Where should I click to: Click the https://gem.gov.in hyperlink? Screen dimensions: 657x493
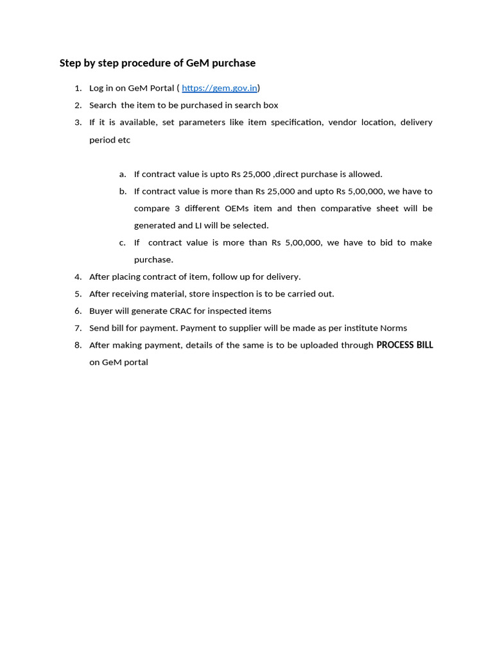point(219,88)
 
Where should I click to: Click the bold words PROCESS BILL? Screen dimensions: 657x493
point(404,345)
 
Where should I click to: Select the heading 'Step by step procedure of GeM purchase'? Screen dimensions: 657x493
point(157,63)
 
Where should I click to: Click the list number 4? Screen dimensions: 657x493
point(78,277)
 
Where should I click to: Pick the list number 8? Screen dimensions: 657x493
point(78,345)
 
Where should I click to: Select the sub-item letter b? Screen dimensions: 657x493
point(123,191)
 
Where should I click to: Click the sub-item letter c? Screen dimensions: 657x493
point(122,243)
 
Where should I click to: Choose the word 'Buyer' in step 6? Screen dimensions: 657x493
point(101,311)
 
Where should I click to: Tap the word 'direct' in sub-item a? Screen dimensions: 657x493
point(288,174)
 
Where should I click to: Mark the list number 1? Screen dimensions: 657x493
point(78,88)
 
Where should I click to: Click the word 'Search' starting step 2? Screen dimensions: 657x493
point(103,105)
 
